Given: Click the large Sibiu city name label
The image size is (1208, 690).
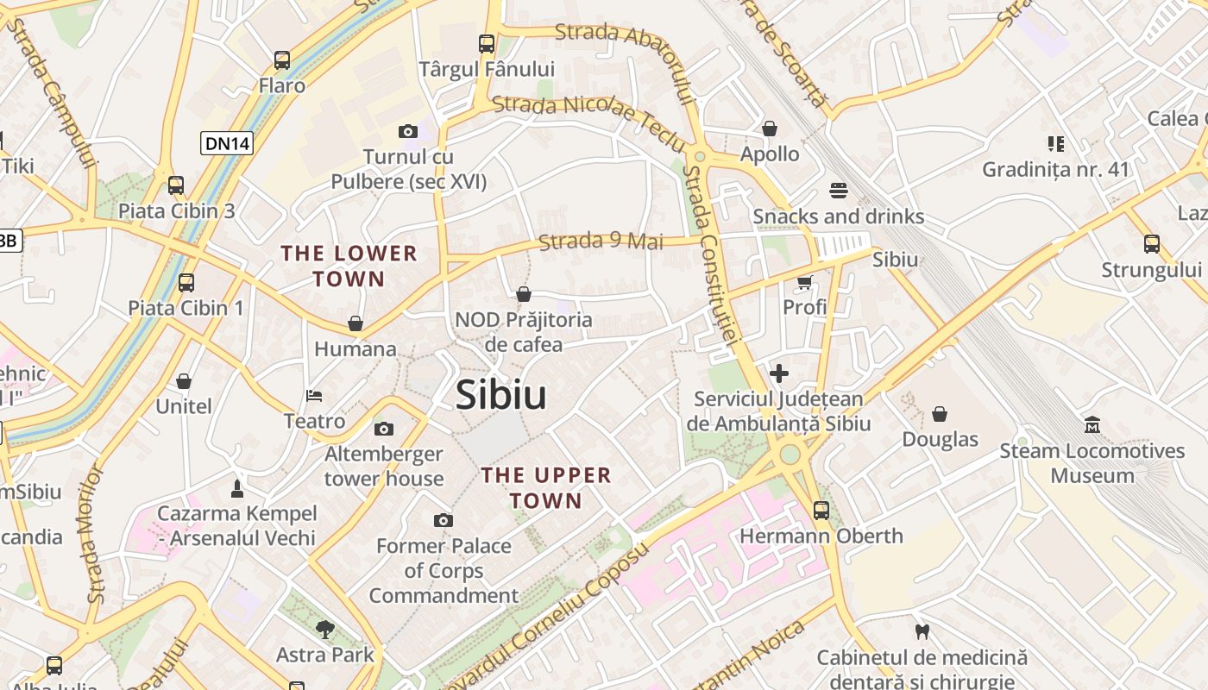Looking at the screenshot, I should (x=500, y=395).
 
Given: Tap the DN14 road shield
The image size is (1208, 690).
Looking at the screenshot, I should (x=227, y=143).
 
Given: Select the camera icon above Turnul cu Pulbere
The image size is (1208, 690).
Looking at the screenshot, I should (x=408, y=132).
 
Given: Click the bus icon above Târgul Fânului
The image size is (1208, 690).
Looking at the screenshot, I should (x=487, y=43).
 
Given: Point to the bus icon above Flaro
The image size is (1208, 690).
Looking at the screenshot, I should (x=282, y=60).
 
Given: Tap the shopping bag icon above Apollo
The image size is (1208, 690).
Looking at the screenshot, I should (x=770, y=129).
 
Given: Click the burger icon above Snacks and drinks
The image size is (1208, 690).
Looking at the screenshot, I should (x=839, y=190).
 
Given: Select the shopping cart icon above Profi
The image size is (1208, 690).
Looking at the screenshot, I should (x=805, y=281).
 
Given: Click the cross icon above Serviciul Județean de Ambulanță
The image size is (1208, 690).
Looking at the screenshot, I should (x=779, y=373).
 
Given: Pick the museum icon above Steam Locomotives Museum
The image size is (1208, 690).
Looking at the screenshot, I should (x=1092, y=425).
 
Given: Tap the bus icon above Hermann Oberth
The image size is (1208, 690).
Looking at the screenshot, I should (x=821, y=510).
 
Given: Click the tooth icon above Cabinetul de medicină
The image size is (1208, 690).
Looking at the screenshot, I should (x=922, y=632).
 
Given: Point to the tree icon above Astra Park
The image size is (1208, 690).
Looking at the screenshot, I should (x=325, y=629).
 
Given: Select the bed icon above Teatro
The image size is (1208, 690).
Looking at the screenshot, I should (x=314, y=396).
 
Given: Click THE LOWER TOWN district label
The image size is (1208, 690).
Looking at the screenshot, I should (x=349, y=266).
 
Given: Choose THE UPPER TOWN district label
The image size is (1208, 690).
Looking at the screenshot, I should (x=546, y=487).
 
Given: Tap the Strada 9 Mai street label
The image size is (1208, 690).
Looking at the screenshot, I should (x=601, y=241).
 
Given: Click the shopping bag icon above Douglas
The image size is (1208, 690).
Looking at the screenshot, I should (x=940, y=414).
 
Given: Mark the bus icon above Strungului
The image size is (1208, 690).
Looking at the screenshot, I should (x=1152, y=244).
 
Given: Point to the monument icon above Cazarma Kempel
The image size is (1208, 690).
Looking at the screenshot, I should (x=237, y=489).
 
